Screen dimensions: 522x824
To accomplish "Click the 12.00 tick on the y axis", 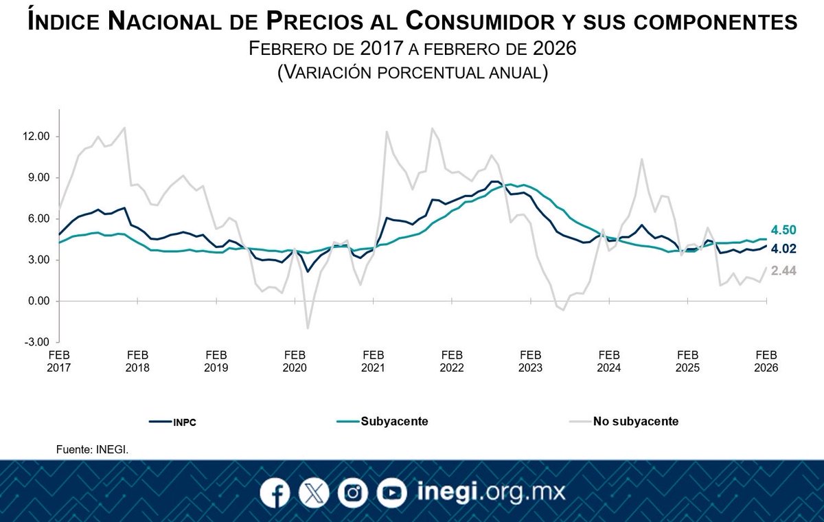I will (36, 137).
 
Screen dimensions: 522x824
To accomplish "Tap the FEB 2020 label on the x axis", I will (295, 361).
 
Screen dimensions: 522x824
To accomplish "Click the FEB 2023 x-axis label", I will (530, 361).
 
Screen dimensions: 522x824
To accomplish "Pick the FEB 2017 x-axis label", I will (59, 361).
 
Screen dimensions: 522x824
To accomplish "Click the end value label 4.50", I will (783, 229).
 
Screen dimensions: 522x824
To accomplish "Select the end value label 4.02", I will (783, 249).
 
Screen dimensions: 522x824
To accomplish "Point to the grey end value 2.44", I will (783, 271).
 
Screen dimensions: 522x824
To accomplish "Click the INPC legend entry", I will (183, 422).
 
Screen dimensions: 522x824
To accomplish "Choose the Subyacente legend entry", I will (393, 422).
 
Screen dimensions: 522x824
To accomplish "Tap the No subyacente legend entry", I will (635, 422).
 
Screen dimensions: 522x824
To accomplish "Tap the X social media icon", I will (314, 493).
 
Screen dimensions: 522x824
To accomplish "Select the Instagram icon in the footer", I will (353, 493).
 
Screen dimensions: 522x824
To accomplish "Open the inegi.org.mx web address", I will (490, 493).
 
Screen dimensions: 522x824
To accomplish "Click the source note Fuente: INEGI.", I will (93, 450).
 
